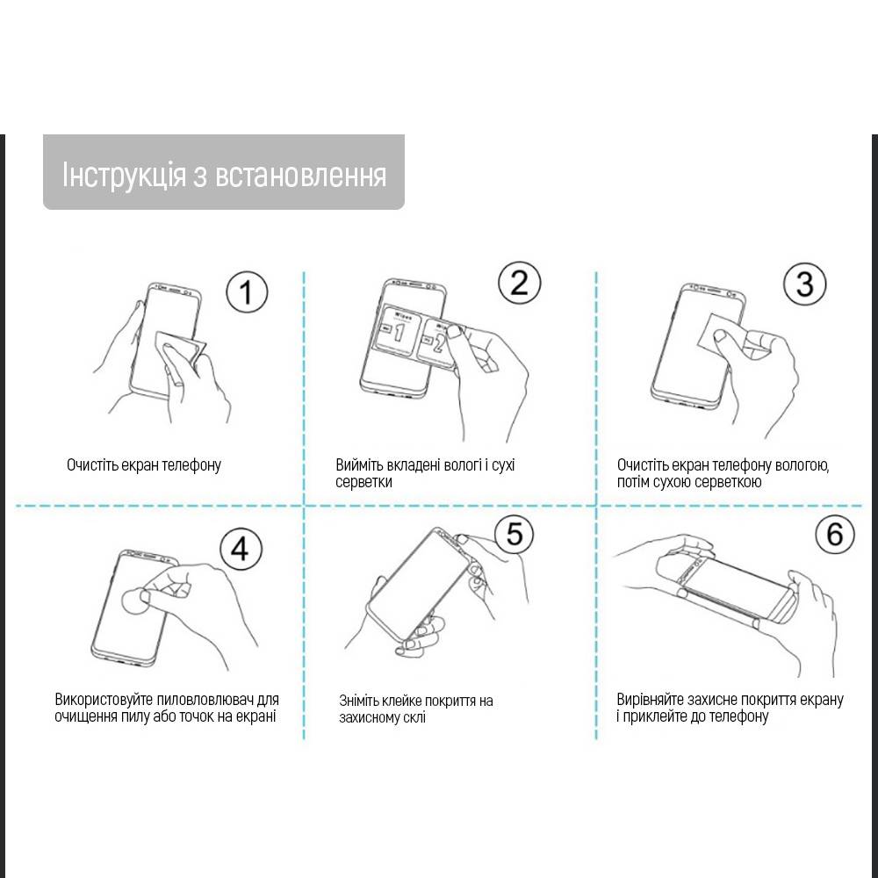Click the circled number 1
pyautogui.click(x=247, y=292)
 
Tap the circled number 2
pyautogui.click(x=520, y=282)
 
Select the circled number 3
pyautogui.click(x=804, y=284)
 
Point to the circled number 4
pyautogui.click(x=241, y=549)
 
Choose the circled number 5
pyautogui.click(x=514, y=533)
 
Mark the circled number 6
pyautogui.click(x=834, y=534)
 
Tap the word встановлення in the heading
pyautogui.click(x=300, y=176)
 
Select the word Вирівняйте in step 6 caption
pyautogui.click(x=650, y=700)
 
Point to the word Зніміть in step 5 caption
pyautogui.click(x=359, y=701)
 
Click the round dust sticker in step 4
pyautogui.click(x=134, y=601)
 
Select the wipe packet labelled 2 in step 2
pyautogui.click(x=437, y=342)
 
